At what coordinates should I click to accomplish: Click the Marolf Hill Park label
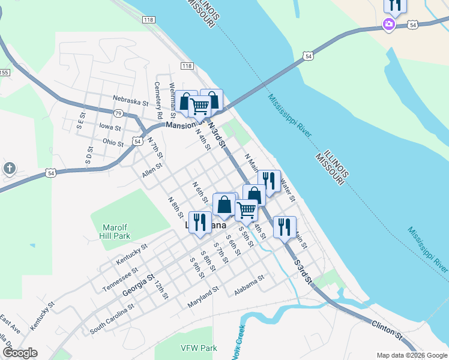click(x=115, y=232)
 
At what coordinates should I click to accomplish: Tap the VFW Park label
click(x=199, y=348)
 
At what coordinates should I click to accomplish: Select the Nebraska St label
click(x=130, y=101)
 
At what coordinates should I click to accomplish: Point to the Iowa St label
click(x=110, y=127)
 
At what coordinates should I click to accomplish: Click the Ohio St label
click(x=113, y=142)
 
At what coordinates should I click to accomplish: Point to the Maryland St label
click(x=202, y=296)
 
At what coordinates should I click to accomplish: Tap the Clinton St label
click(x=387, y=328)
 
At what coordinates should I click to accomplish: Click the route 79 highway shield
click(x=118, y=113)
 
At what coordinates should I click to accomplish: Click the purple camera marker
click(x=389, y=25)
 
